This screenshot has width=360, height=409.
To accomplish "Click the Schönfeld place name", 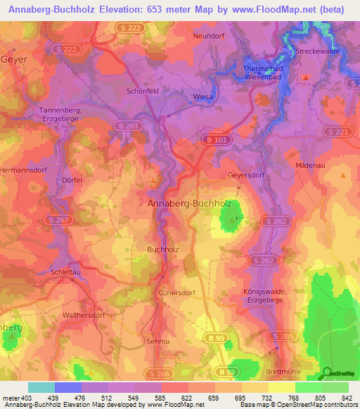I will click(x=141, y=91).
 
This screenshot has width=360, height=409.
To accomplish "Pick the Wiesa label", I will click(x=202, y=96).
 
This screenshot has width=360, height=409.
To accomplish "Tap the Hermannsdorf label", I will click(x=26, y=171).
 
